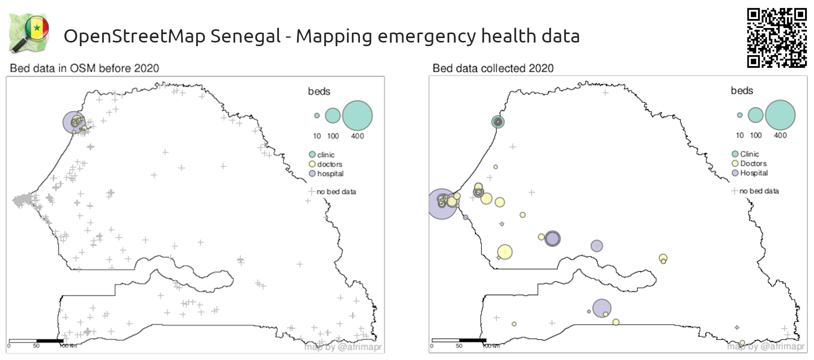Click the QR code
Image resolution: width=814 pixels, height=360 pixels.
pyautogui.click(x=777, y=38)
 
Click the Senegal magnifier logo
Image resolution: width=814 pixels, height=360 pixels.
pyautogui.click(x=29, y=33)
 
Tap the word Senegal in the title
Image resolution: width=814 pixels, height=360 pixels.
pyautogui.click(x=245, y=36)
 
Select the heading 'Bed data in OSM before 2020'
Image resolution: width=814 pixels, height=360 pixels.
pyautogui.click(x=84, y=68)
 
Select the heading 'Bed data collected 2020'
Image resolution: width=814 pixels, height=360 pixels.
pyautogui.click(x=493, y=68)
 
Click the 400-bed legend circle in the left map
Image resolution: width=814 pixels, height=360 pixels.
pyautogui.click(x=357, y=116)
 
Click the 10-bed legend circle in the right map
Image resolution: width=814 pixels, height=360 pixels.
pyautogui.click(x=740, y=115)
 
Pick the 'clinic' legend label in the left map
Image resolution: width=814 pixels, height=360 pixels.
pyautogui.click(x=326, y=155)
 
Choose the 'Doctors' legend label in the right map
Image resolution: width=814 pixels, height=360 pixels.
pyautogui.click(x=753, y=164)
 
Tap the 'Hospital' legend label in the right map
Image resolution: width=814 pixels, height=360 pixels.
pyautogui.click(x=754, y=173)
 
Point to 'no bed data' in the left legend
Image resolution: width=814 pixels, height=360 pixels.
pyautogui.click(x=336, y=192)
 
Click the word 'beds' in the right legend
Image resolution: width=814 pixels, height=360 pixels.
pyautogui.click(x=742, y=91)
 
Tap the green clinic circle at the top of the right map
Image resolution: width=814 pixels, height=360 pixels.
pyautogui.click(x=498, y=122)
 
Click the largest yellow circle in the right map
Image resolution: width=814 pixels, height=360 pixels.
pyautogui.click(x=505, y=252)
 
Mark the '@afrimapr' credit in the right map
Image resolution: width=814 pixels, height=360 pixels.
pyautogui.click(x=782, y=346)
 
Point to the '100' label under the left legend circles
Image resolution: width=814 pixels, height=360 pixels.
pyautogui.click(x=333, y=136)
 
